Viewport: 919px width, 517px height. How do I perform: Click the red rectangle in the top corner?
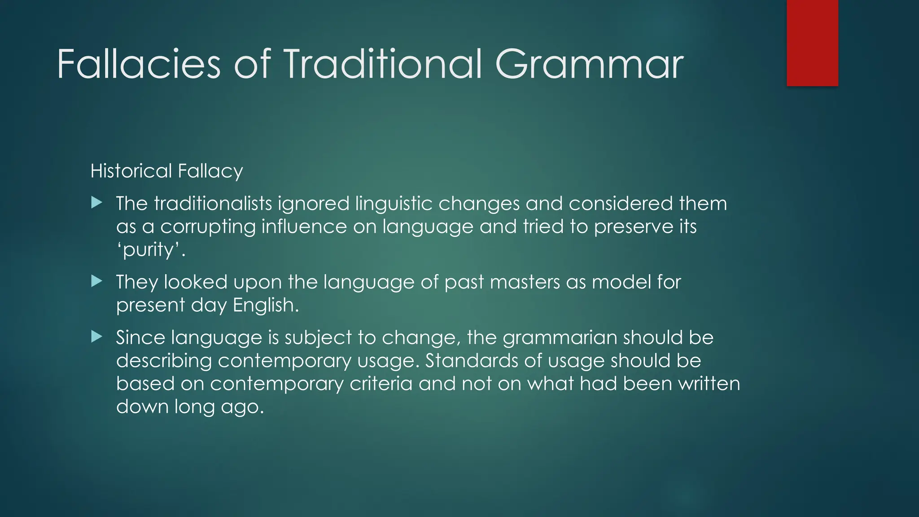[x=812, y=43]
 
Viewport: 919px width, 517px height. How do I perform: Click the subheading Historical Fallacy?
[x=166, y=171]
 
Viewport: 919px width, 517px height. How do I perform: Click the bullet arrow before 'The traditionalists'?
[x=96, y=203]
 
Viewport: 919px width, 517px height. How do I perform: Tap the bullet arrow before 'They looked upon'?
[x=96, y=281]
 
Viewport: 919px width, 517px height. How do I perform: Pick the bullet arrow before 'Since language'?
[x=96, y=337]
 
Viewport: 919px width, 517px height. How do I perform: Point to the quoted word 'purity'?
[x=151, y=250]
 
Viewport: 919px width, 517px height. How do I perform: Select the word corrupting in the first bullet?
[x=208, y=227]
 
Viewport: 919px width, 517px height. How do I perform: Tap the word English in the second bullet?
[x=266, y=306]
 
